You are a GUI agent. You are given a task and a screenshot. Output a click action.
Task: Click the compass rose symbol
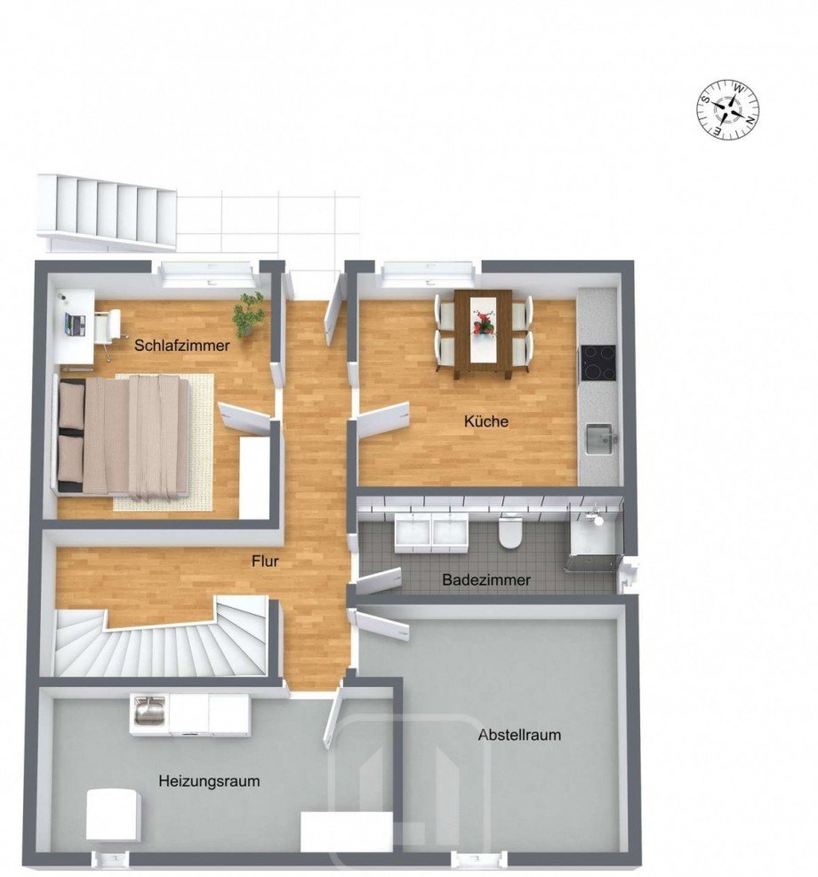(728, 110)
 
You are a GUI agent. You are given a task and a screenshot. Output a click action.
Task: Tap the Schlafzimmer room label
(182, 346)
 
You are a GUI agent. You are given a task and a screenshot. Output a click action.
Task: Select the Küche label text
(486, 421)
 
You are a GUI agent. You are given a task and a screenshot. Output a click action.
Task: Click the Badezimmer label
(486, 580)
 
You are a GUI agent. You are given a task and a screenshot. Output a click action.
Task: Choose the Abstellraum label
(519, 735)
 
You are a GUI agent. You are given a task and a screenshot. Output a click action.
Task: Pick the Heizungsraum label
(209, 781)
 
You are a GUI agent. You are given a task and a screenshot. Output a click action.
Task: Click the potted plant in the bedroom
(249, 313)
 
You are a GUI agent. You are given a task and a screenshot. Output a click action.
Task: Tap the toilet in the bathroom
(510, 532)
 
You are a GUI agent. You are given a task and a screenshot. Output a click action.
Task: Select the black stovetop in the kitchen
(598, 361)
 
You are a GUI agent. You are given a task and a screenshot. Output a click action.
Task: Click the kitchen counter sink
(599, 437)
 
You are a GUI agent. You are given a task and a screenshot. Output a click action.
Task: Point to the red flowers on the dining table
(483, 323)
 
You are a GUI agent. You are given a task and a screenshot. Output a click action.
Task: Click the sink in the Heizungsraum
(147, 711)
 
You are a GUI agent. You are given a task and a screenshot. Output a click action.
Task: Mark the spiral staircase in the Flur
(160, 640)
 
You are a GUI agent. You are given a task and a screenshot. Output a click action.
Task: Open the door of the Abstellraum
(382, 626)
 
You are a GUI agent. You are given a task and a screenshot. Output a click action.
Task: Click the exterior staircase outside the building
(107, 211)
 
